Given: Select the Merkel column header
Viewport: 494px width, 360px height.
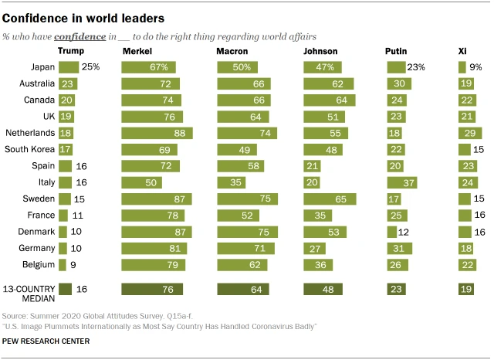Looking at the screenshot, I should (137, 51).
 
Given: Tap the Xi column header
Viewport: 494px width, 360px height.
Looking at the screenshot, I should (463, 51).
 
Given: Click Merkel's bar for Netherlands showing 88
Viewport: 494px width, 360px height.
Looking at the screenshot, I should (157, 133).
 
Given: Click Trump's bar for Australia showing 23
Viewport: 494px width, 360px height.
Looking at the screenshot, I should (68, 83).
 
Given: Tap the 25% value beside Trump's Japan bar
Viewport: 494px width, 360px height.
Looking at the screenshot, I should (92, 67).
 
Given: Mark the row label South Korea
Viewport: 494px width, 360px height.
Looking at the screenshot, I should (29, 149).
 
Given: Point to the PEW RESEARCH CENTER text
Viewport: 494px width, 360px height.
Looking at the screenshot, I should (46, 341).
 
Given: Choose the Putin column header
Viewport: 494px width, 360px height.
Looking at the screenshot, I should (397, 51).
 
